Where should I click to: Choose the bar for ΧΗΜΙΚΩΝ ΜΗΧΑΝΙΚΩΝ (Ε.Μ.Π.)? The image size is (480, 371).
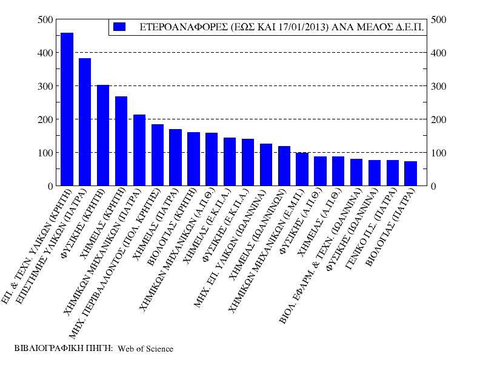[x=302, y=169]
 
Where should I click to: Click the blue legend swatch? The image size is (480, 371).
[x=119, y=27]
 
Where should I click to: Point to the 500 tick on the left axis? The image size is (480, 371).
[x=45, y=19]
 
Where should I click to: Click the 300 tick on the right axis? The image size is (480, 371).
[x=438, y=86]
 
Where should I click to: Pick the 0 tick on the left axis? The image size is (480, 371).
[x=50, y=186]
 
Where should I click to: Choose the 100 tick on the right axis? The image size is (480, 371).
[x=438, y=153]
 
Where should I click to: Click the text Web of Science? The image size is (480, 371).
[x=145, y=349]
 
